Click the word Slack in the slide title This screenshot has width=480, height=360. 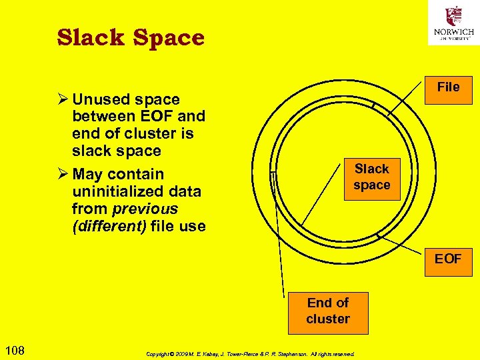(x=91, y=38)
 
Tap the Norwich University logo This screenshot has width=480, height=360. (x=453, y=25)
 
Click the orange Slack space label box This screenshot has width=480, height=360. (x=371, y=177)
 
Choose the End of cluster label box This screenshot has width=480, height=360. (x=328, y=311)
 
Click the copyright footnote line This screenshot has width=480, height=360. (x=250, y=354)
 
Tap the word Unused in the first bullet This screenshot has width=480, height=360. (x=101, y=99)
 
